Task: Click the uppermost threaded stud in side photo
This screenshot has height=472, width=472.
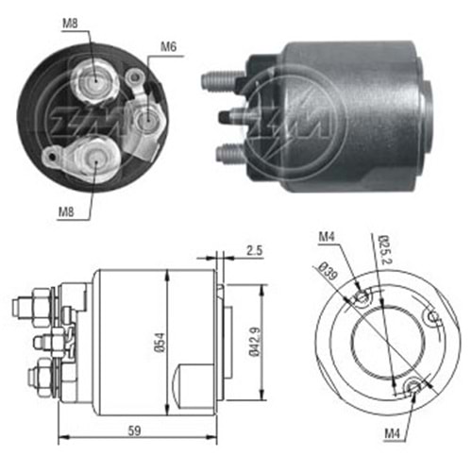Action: click(x=219, y=76)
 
